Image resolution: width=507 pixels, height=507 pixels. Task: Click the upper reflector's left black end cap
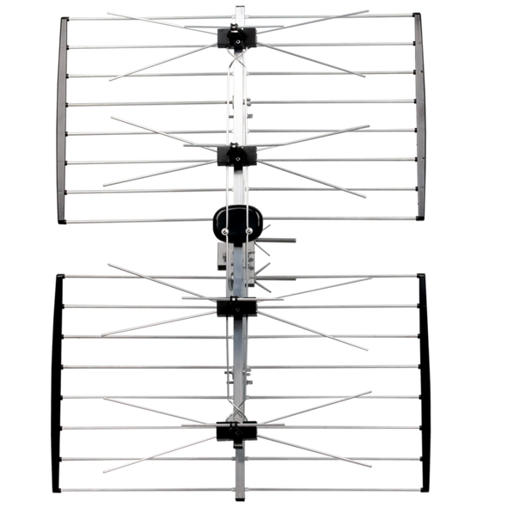click(x=63, y=119)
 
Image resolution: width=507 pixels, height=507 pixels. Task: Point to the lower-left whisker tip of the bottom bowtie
click(x=102, y=473)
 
